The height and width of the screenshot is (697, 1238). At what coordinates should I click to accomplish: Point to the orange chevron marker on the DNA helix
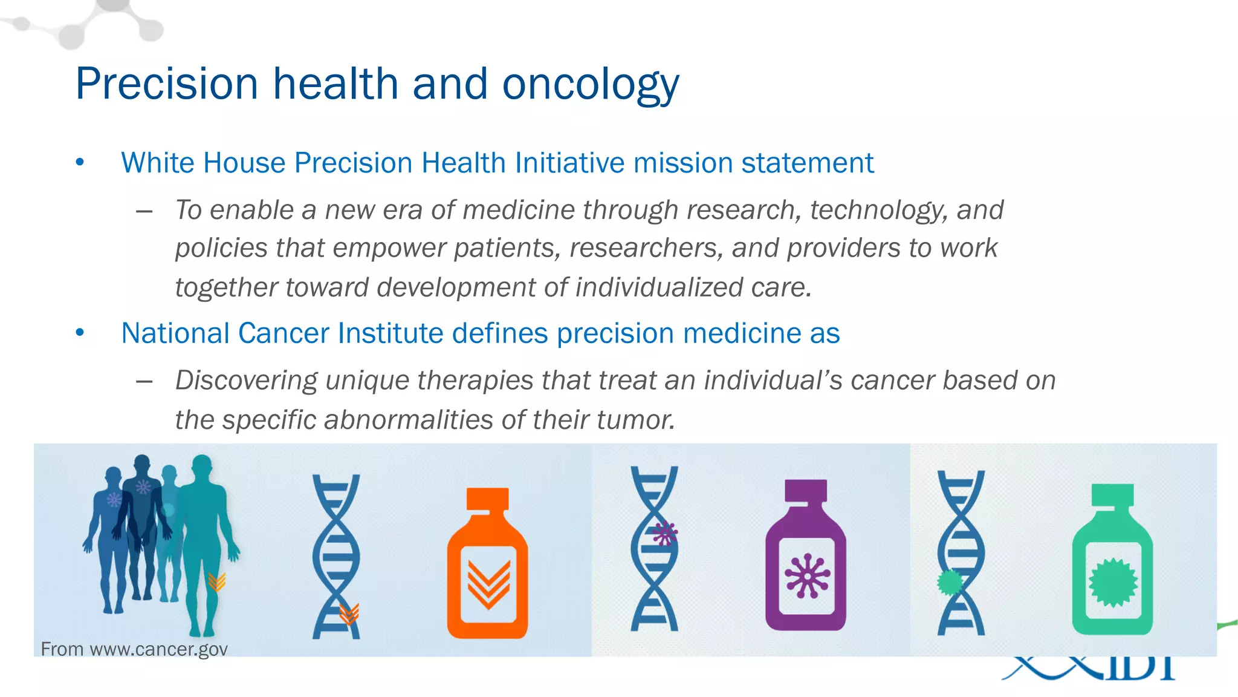349,614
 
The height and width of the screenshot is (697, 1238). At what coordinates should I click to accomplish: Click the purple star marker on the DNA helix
664,534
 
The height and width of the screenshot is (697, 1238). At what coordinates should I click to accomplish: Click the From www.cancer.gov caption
134,649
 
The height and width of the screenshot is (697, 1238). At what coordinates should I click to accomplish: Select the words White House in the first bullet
203,163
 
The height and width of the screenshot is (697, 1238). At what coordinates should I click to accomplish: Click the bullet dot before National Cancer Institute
80,333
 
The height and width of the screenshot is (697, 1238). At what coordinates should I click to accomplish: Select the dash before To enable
144,211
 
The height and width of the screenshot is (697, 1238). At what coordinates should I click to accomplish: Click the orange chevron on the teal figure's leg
216,581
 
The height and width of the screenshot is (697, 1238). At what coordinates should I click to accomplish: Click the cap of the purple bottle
805,491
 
